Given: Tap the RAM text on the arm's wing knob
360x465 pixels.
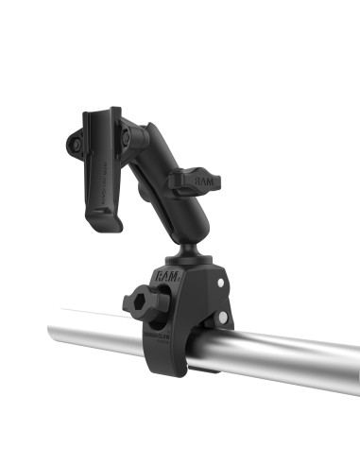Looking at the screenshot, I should [x=204, y=177].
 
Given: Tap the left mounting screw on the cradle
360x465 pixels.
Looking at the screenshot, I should [x=75, y=144].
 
